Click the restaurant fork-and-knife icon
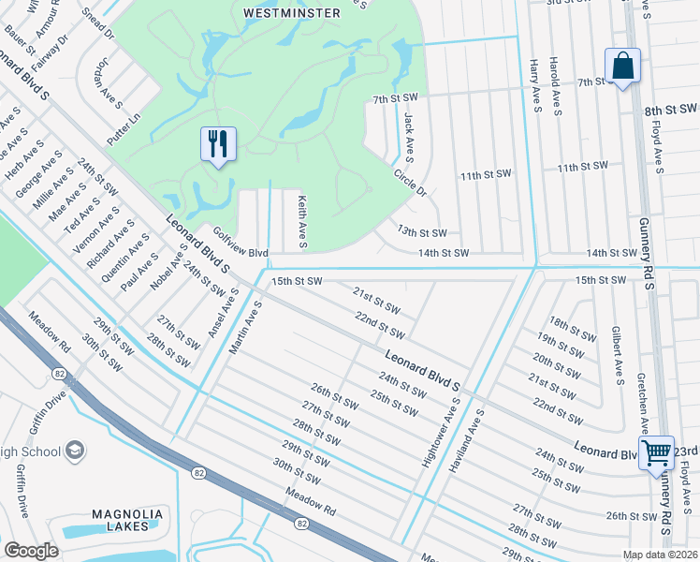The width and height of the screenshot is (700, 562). click(218, 144)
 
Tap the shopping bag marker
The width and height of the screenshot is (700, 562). click(622, 67)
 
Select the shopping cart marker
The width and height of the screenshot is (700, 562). click(656, 452)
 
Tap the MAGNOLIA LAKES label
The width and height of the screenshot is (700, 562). click(126, 520)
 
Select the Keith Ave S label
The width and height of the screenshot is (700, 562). click(302, 223)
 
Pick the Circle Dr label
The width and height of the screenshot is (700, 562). click(410, 182)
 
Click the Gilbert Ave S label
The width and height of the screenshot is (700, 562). click(617, 356)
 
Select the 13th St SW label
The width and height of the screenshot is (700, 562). click(422, 232)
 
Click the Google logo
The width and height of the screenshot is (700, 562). click(31, 551)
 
